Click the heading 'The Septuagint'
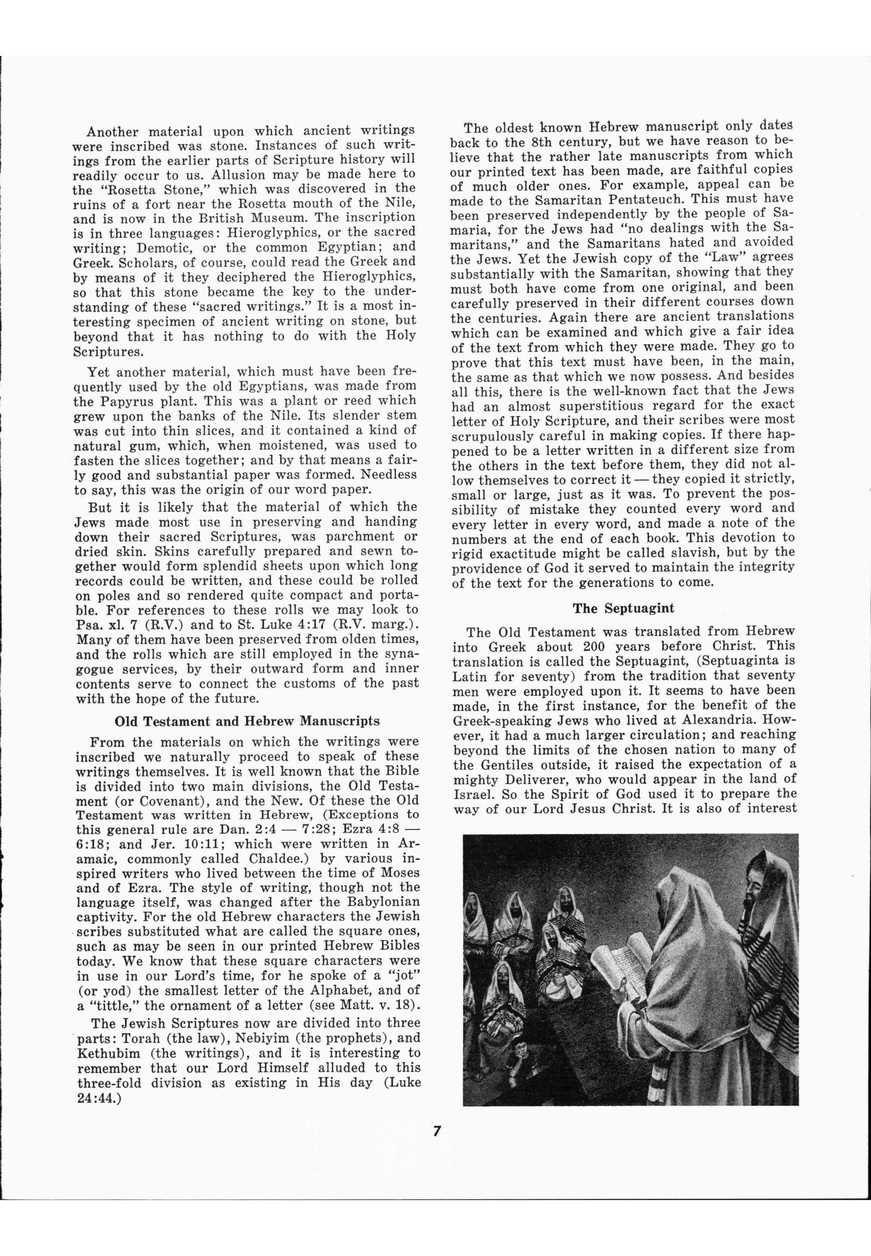click(x=623, y=608)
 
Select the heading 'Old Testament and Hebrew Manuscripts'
click(x=247, y=721)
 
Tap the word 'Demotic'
click(x=161, y=247)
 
